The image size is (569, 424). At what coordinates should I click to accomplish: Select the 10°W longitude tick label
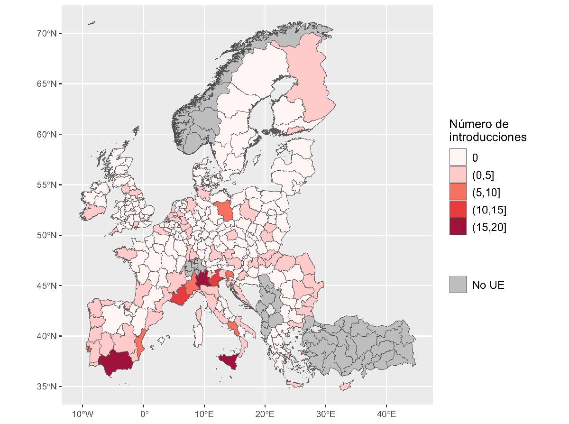point(83,413)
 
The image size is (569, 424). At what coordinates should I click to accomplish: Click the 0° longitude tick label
point(144,413)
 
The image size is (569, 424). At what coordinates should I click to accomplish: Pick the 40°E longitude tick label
point(386,413)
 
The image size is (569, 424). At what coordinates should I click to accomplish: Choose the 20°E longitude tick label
point(265,413)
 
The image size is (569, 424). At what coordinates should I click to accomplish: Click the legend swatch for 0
point(458,157)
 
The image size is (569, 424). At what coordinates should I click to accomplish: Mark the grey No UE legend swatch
point(458,285)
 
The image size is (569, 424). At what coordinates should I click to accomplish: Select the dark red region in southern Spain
point(115,362)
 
